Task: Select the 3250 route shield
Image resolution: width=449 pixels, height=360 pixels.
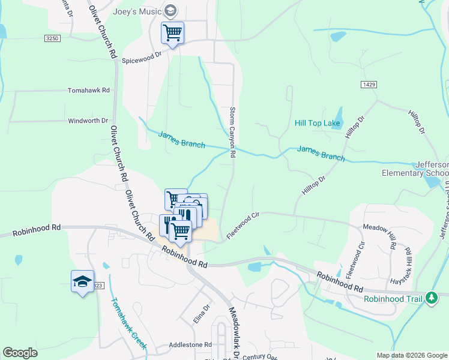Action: [x=52, y=38]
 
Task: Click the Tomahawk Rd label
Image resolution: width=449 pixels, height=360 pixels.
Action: [x=89, y=90]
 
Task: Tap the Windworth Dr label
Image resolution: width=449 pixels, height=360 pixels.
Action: [x=88, y=121]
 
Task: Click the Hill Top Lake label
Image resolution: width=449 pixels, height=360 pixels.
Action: [x=318, y=124]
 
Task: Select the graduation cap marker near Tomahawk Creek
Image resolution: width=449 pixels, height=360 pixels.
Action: [x=83, y=281]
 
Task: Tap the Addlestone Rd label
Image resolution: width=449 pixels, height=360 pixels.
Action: [x=191, y=345]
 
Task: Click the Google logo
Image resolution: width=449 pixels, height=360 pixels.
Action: [x=20, y=353]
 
